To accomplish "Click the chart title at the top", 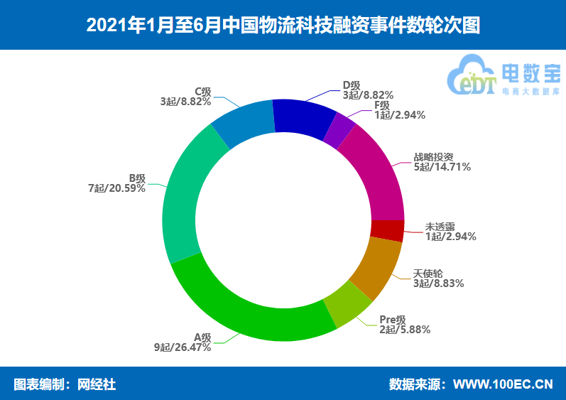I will click(x=283, y=25).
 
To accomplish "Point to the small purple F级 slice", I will click(x=339, y=130).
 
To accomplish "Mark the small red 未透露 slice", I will click(x=387, y=230).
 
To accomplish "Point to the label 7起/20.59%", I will click(x=116, y=188).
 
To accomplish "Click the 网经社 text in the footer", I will click(x=96, y=384).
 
